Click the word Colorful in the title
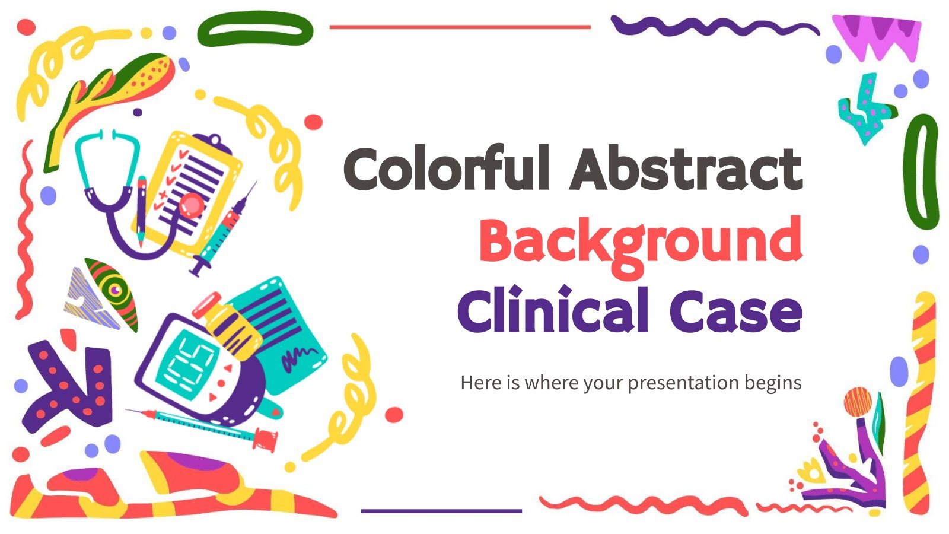(x=446, y=168)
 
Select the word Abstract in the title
(x=686, y=168)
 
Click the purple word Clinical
(x=552, y=309)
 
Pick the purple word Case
(x=736, y=313)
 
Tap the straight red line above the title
(x=460, y=27)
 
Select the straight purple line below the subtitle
(x=441, y=511)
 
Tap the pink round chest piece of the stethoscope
(x=192, y=205)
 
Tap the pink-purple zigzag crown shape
(x=877, y=36)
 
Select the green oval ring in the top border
(x=255, y=28)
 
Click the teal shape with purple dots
(x=866, y=109)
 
